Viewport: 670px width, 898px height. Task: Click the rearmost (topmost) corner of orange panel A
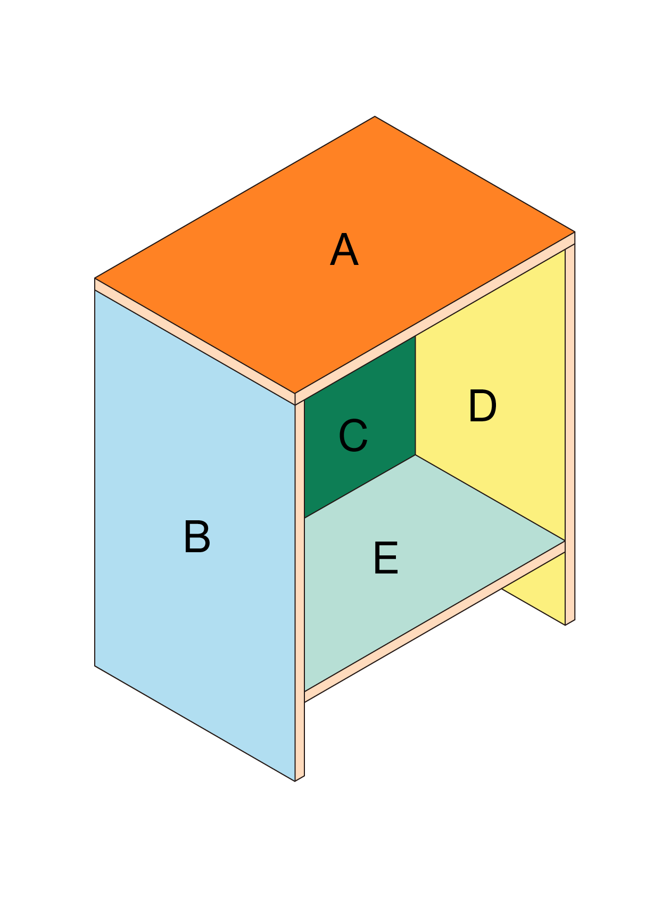(375, 117)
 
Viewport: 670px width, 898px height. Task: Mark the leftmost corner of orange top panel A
(95, 278)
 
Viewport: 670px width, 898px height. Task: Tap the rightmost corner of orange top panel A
(575, 232)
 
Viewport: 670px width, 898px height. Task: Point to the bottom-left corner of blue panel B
(95, 666)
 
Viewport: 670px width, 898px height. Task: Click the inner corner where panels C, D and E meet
(415, 455)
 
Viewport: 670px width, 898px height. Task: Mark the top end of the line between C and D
(415, 336)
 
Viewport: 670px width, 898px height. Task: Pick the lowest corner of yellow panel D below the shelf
(565, 625)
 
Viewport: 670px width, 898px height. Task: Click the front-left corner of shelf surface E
(304, 691)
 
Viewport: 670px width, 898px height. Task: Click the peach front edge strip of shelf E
(434, 622)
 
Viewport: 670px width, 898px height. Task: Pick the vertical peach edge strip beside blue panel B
(300, 591)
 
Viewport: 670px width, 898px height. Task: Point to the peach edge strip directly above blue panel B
(195, 342)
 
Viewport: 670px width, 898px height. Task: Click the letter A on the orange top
(344, 250)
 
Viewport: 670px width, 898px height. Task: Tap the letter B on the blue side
(197, 537)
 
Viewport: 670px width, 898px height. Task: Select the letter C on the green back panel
(353, 436)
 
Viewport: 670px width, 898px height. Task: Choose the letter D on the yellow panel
(482, 406)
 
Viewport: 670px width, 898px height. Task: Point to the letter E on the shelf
(386, 558)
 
